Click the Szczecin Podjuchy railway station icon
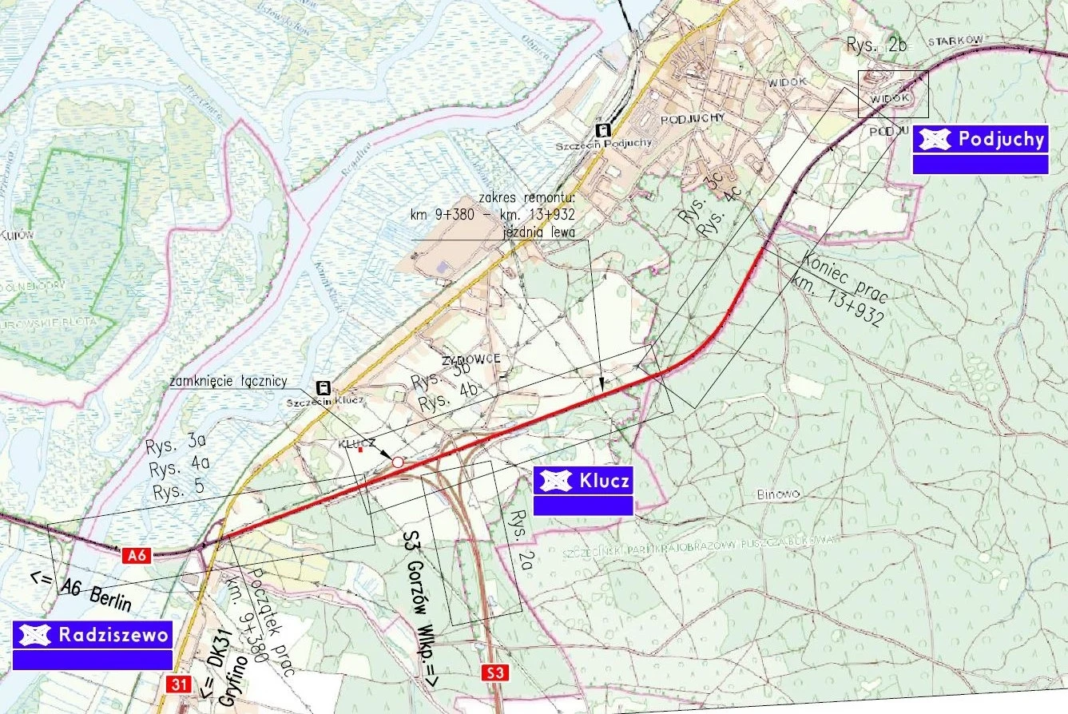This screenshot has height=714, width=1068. click(603, 132)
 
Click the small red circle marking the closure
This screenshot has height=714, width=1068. click(397, 462)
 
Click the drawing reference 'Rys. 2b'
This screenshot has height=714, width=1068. click(875, 46)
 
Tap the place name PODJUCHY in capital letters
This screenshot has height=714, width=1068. click(692, 117)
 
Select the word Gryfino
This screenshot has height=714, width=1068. click(232, 680)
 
